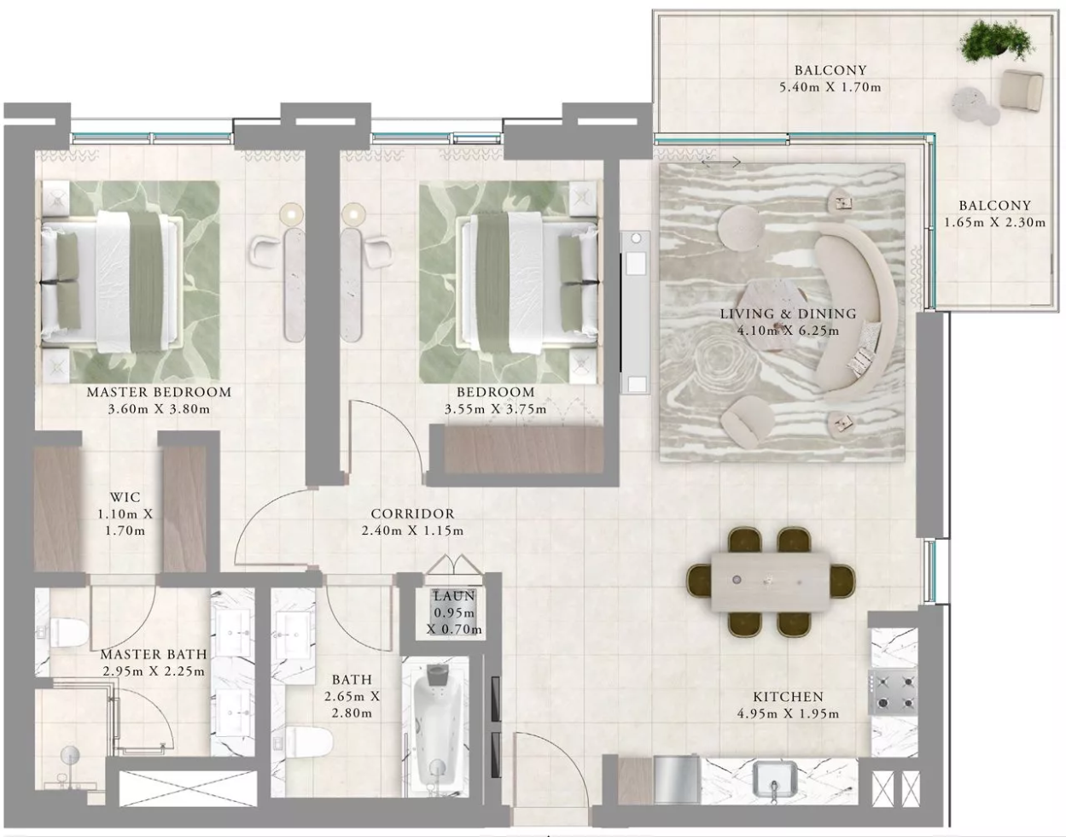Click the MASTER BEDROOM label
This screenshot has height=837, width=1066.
click(159, 392)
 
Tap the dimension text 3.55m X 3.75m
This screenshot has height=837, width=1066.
click(496, 409)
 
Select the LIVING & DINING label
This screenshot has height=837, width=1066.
click(789, 313)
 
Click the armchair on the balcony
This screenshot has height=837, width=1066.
click(1022, 90)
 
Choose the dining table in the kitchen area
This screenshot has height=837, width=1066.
click(771, 582)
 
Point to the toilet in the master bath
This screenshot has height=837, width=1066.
click(64, 632)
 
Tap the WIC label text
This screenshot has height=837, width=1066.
click(125, 497)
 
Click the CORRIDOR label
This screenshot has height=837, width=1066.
click(412, 514)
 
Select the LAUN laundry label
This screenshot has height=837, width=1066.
click(454, 596)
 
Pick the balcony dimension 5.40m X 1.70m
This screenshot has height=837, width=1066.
click(830, 87)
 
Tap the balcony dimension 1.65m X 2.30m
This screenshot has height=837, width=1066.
click(995, 222)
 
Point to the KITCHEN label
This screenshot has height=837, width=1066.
click(789, 697)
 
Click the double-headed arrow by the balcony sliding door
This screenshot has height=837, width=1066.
click(720, 161)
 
